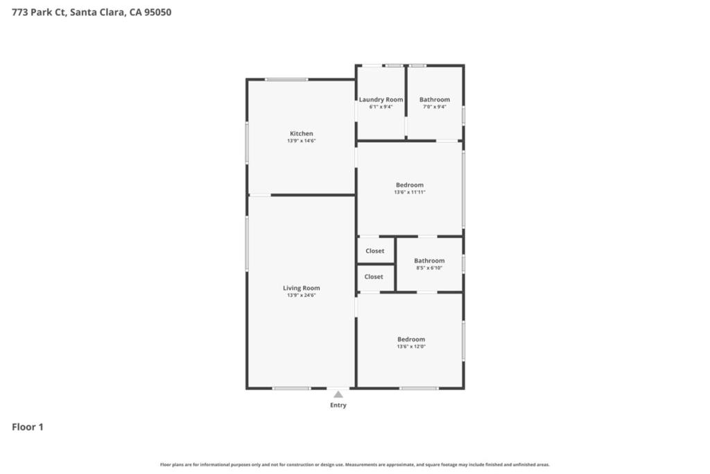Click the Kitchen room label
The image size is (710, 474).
coord(301,134)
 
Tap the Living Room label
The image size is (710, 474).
coord(301,288)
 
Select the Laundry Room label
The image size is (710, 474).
coord(381,100)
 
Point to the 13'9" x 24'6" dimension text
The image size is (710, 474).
coord(301,296)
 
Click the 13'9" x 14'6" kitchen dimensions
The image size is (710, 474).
coord(301,141)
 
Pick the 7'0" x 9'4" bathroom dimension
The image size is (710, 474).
coord(434,107)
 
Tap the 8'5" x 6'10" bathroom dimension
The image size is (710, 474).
coord(428,269)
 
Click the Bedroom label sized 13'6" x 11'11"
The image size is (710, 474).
coord(409,185)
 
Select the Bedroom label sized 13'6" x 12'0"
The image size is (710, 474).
coord(410,339)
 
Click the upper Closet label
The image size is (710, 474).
coord(374,251)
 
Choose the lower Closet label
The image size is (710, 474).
coord(374,277)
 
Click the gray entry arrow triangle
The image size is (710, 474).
coord(338,395)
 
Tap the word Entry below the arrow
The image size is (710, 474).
coord(338,405)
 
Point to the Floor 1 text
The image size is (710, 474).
coord(28,427)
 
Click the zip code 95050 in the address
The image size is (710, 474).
coord(157,12)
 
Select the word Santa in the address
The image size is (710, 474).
coord(82,12)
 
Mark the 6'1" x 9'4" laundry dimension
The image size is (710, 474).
coord(381,107)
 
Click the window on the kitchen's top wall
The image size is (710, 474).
coord(286,79)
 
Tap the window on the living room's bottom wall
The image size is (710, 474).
coord(291,389)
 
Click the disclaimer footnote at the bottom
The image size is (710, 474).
coord(354,464)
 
